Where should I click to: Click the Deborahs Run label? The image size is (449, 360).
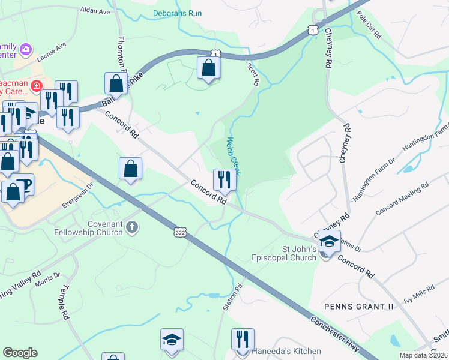click(177, 13)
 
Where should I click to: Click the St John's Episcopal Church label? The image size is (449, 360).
click(283, 253)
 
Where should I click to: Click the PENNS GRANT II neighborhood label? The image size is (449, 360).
click(358, 306)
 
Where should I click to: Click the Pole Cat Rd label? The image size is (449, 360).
click(369, 25)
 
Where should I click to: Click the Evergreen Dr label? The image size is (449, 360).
click(79, 196)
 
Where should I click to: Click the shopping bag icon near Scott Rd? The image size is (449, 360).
click(208, 68)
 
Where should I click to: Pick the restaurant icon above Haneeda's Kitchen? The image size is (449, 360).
click(243, 338)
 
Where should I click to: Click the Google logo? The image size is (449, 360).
click(20, 353)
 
